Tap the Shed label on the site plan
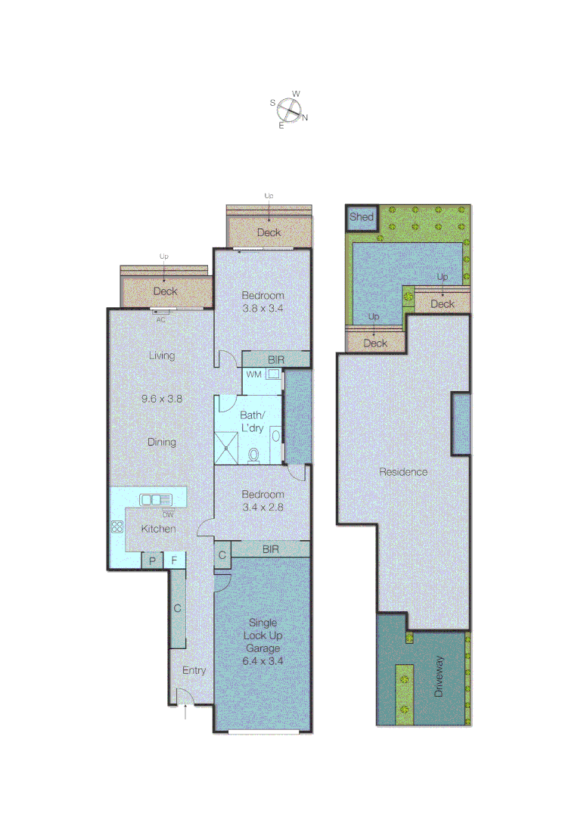(361, 217)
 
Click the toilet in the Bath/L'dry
(255, 454)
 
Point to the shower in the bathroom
(230, 446)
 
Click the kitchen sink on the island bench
(155, 499)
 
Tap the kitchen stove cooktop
(118, 528)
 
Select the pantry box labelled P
(152, 561)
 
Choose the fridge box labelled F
(175, 561)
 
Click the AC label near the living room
(160, 319)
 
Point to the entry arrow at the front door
(186, 712)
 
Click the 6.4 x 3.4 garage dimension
(263, 660)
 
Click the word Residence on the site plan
(403, 472)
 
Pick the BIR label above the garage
(270, 549)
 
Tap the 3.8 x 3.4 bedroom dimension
(263, 308)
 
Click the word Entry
(194, 670)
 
